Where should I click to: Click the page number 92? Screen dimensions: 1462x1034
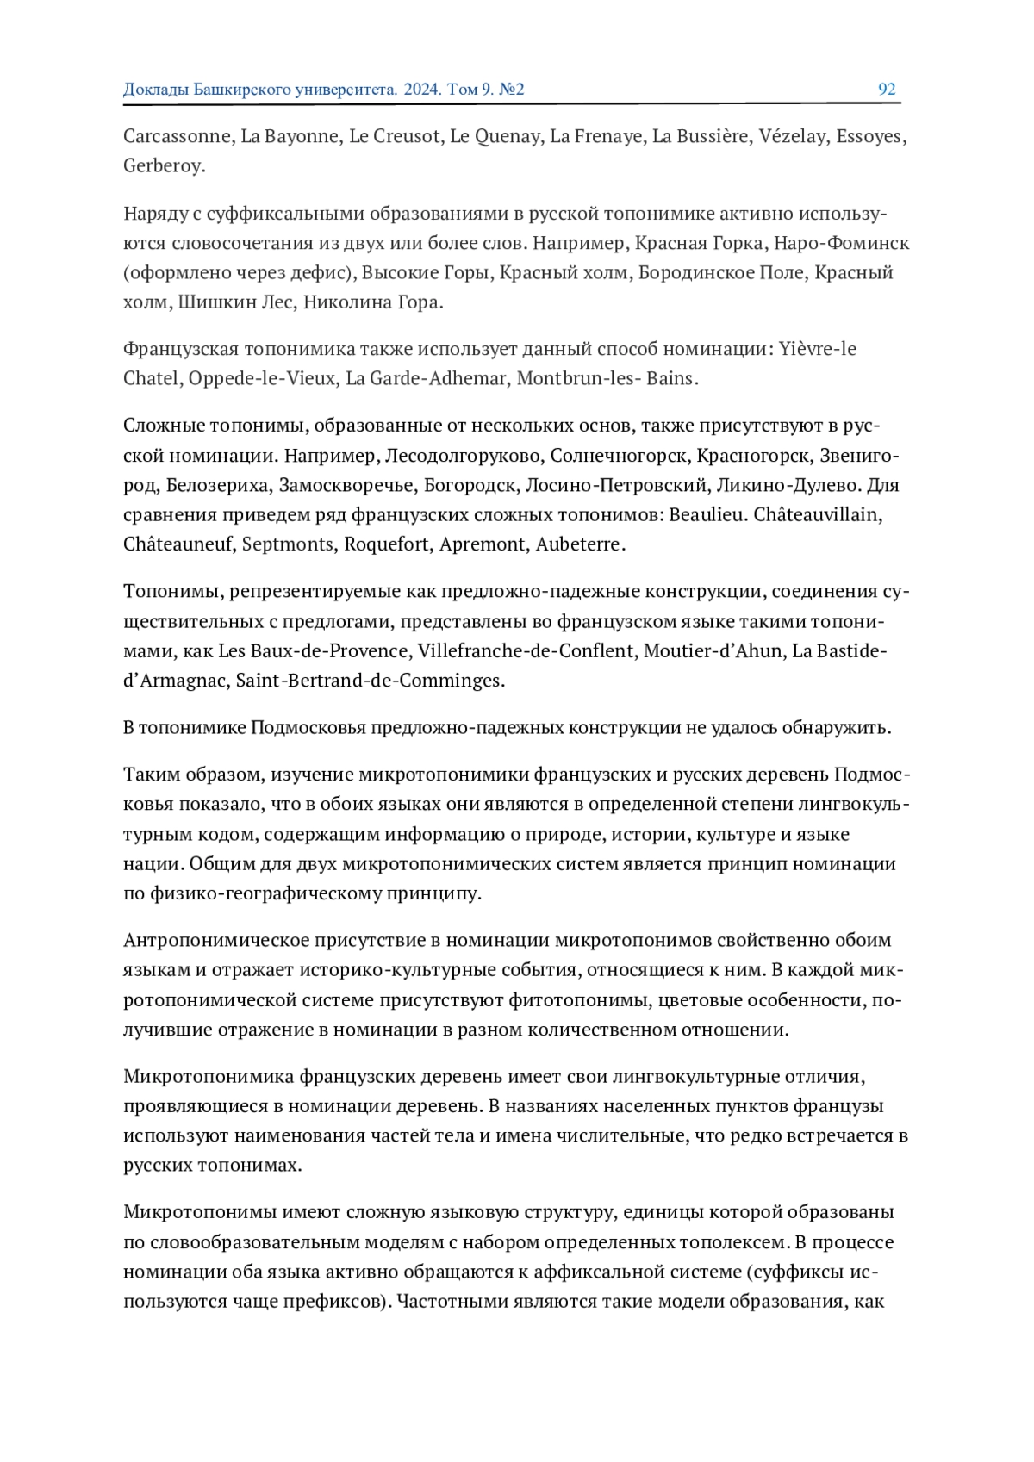(x=887, y=90)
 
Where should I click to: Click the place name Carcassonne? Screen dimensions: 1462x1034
(x=178, y=136)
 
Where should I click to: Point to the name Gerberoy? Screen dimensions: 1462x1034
(x=163, y=165)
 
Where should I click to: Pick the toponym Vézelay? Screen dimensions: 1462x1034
(x=792, y=136)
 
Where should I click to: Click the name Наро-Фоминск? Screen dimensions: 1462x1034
(x=841, y=243)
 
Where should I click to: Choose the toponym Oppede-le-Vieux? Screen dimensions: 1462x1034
(x=262, y=378)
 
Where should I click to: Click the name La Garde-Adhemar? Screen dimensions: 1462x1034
(x=426, y=378)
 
